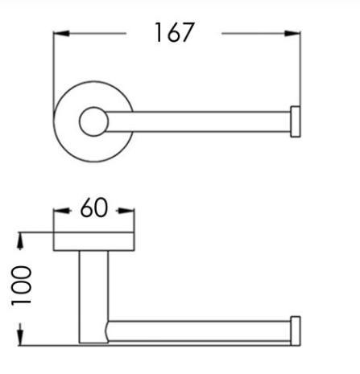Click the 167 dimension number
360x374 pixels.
[x=174, y=32]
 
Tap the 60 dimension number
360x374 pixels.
[x=94, y=208]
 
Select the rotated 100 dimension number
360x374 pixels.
[x=21, y=286]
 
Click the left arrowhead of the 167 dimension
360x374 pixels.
[x=61, y=34]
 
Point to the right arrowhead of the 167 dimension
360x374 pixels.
[x=292, y=34]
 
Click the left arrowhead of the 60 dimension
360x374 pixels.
[x=62, y=211]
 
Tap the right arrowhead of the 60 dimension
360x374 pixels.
[x=126, y=211]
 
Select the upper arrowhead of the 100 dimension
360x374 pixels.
[x=20, y=241]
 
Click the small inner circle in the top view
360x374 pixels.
[x=93, y=121]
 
